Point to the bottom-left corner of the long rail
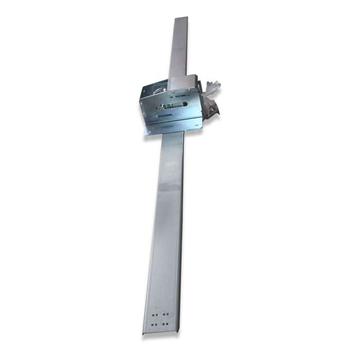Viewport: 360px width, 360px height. pyautogui.click(x=143, y=334)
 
